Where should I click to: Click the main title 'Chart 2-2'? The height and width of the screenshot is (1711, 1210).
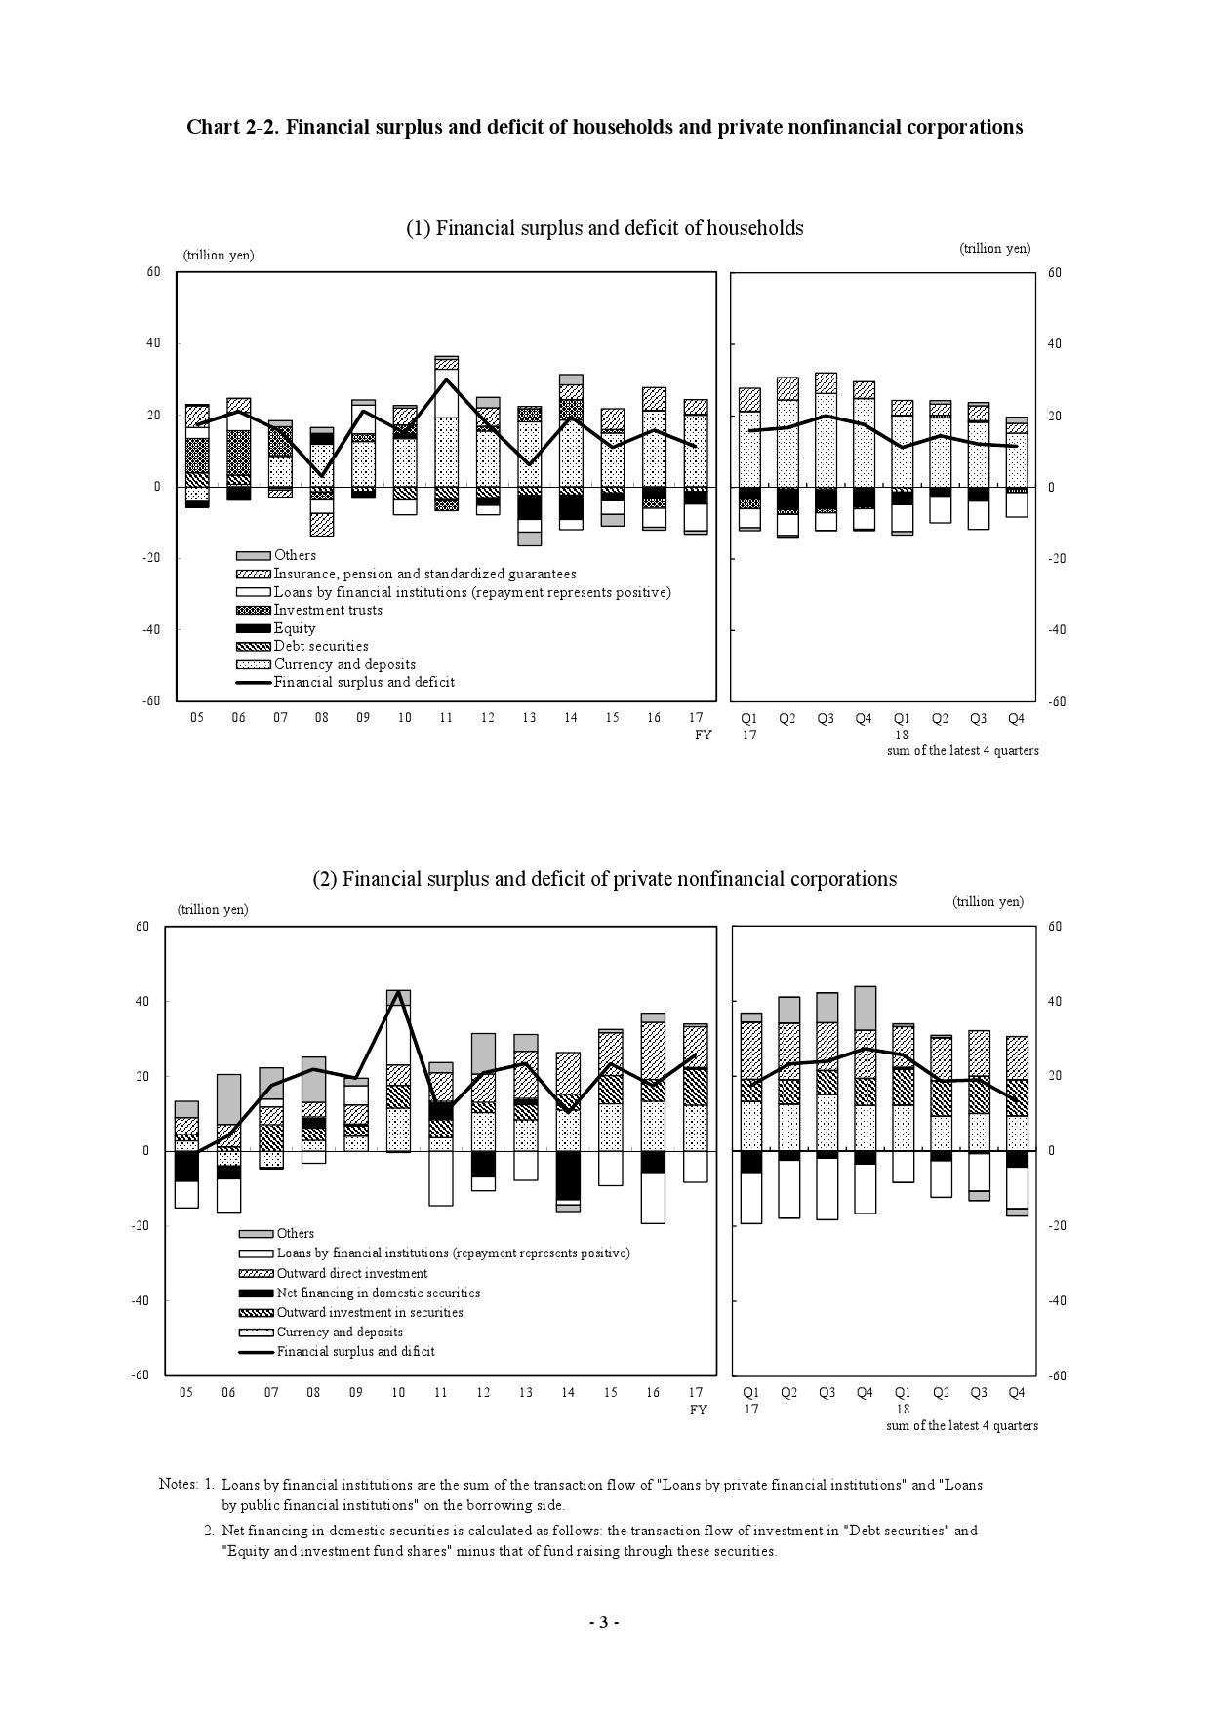(x=604, y=127)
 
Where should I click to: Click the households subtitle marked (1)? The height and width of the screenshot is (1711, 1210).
(x=604, y=228)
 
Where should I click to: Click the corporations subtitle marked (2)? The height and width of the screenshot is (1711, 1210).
(x=604, y=879)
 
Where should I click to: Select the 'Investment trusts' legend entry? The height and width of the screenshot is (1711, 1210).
(x=327, y=610)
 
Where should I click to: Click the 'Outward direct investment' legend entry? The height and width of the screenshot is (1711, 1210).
(x=351, y=1273)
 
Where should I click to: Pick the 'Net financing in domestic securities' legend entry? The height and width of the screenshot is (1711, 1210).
(x=378, y=1293)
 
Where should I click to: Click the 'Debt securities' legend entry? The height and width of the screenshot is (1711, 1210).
(x=320, y=646)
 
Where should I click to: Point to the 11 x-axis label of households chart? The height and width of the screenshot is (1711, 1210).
(x=446, y=718)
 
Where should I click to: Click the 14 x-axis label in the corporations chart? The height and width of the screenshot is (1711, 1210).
(x=568, y=1393)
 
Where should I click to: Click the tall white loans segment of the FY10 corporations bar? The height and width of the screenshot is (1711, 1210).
(x=398, y=1034)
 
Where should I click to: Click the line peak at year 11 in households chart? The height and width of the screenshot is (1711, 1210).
(x=446, y=379)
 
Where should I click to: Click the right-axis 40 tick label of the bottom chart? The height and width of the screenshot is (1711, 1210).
(x=1054, y=1002)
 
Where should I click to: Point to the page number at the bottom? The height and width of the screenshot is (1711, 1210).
(x=604, y=1622)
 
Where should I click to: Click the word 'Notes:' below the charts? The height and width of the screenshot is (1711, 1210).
(x=178, y=1485)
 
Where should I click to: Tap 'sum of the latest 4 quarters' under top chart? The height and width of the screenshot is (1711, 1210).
(x=962, y=751)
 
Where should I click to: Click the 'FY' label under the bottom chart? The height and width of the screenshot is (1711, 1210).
(x=698, y=1410)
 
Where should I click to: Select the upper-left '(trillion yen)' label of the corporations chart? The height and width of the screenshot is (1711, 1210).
(x=213, y=909)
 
